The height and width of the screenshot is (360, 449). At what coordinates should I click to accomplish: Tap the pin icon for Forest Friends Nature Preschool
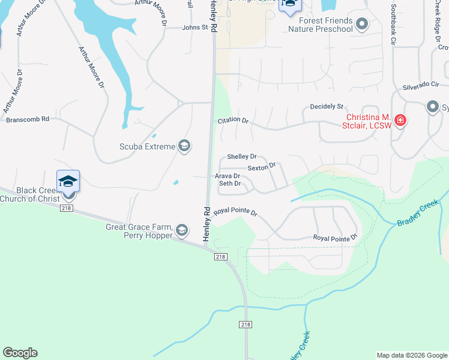pos(361,24)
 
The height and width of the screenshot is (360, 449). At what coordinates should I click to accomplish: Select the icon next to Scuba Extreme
pos(185,146)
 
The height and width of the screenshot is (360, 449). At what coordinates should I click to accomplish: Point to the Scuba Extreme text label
pos(147,146)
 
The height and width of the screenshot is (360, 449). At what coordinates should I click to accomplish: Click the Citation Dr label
pos(233,120)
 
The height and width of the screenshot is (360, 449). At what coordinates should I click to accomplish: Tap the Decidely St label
pos(326,106)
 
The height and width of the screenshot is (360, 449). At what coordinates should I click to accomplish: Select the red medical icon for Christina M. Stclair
pos(400,121)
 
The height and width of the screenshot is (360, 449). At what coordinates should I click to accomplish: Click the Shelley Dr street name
pos(242,157)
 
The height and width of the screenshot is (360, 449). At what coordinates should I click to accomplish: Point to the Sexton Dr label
pos(261,166)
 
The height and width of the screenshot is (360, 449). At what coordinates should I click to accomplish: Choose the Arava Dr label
pos(228,176)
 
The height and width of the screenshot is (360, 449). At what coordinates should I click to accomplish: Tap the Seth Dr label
pos(230,184)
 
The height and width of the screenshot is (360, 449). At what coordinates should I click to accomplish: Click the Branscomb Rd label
pos(28,119)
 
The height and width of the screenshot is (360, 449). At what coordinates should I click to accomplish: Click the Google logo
pos(20,353)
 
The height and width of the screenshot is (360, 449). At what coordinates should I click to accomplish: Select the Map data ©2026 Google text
pos(412,355)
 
